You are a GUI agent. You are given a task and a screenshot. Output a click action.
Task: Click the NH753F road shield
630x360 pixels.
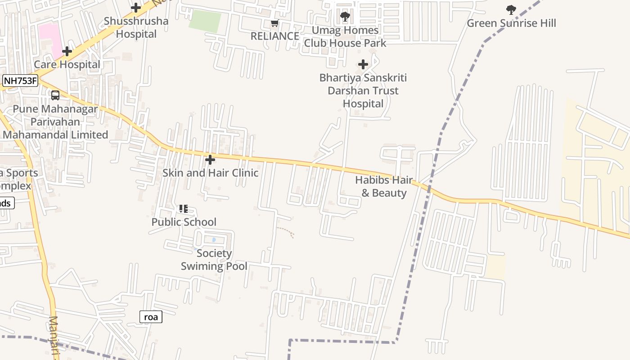pyautogui.click(x=20, y=81)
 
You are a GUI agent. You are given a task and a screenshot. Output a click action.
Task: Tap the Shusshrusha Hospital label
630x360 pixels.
pyautogui.click(x=136, y=27)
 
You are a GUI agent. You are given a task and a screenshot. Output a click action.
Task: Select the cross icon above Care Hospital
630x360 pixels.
pyautogui.click(x=67, y=51)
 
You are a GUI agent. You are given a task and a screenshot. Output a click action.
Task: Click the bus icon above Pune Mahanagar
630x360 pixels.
pyautogui.click(x=55, y=95)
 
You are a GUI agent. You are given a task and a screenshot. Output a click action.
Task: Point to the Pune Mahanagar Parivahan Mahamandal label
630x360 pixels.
pyautogui.click(x=55, y=122)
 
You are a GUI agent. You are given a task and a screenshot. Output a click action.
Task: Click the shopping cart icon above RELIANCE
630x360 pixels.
pyautogui.click(x=274, y=23)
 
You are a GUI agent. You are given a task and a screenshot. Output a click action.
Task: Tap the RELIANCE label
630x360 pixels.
pyautogui.click(x=274, y=36)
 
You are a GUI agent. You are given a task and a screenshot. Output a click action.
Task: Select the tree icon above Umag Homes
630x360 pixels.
pyautogui.click(x=345, y=17)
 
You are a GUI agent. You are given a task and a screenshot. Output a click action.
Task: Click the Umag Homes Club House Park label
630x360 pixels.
pyautogui.click(x=345, y=37)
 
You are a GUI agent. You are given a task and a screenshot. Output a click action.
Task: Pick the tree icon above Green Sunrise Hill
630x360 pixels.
pyautogui.click(x=511, y=9)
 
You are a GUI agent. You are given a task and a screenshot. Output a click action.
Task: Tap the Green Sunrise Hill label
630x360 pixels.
pyautogui.click(x=511, y=23)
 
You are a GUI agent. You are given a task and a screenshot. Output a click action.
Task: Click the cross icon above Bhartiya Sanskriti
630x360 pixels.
pyautogui.click(x=363, y=64)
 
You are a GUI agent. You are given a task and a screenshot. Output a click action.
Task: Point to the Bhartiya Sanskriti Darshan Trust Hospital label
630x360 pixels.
pyautogui.click(x=363, y=91)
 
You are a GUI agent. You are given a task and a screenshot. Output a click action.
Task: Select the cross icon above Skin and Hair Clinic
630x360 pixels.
pyautogui.click(x=210, y=160)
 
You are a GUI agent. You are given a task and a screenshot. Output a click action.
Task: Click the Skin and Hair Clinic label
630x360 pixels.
pyautogui.click(x=210, y=173)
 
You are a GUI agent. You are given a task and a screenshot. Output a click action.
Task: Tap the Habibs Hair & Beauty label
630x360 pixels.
pyautogui.click(x=384, y=187)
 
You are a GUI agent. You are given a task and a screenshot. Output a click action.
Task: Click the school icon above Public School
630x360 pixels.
pyautogui.click(x=183, y=209)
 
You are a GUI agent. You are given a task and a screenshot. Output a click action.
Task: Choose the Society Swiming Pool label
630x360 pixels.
pyautogui.click(x=214, y=260)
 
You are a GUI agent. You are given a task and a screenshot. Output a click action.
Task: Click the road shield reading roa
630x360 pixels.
pyautogui.click(x=151, y=317)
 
